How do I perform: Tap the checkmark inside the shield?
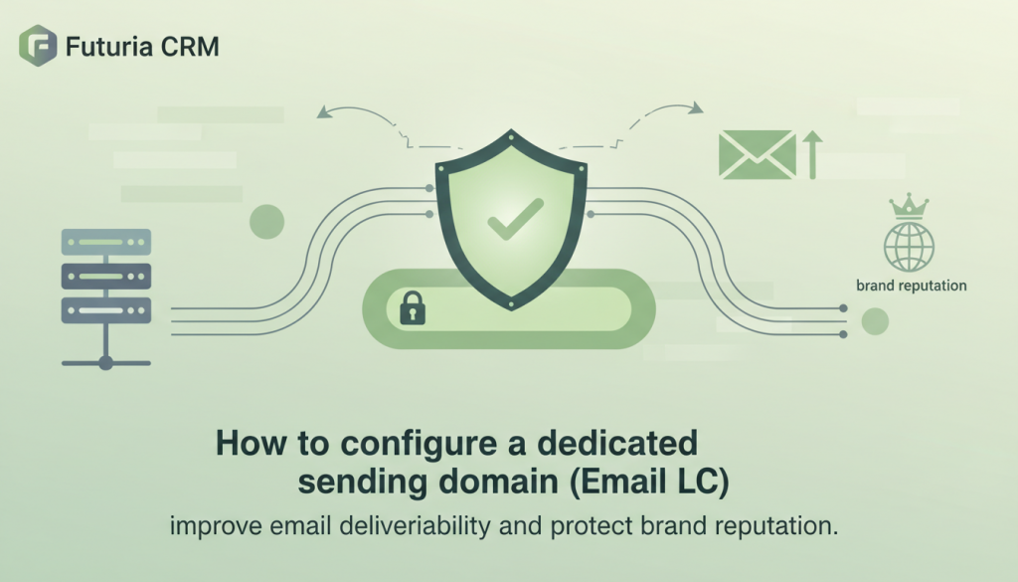point(515,218)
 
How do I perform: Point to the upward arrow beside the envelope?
point(812,155)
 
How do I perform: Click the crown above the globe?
point(909,207)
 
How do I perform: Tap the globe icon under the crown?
point(909,245)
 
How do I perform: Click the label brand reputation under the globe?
point(911,286)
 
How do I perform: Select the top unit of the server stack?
point(106,242)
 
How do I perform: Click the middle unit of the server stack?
point(106,276)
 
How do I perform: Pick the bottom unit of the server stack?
point(106,309)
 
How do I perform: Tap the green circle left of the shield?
point(267,221)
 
